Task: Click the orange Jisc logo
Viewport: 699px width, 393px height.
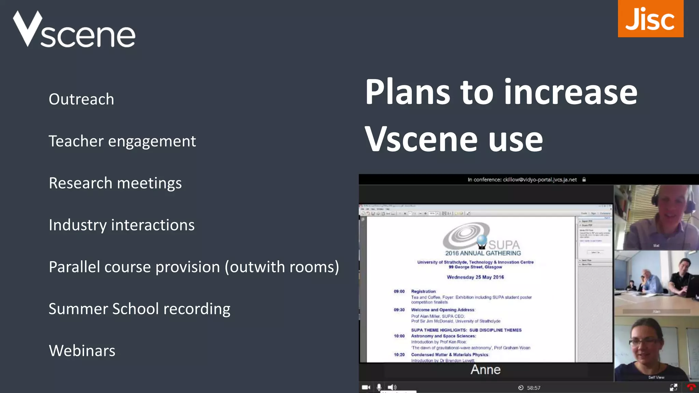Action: point(650,19)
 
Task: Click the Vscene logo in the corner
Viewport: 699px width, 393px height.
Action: point(74,30)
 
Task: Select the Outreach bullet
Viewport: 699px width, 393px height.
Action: point(81,99)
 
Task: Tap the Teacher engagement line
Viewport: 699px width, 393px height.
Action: point(122,141)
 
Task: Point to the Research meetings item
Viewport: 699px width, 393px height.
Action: point(115,183)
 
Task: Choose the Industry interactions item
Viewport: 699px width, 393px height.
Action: point(122,225)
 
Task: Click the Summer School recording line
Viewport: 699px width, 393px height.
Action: point(139,309)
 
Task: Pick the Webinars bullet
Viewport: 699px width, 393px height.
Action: point(82,351)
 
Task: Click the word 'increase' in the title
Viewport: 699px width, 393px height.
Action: point(570,92)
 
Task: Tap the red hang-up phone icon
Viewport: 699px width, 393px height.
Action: point(691,387)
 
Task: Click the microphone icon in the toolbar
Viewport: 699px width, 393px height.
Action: point(379,387)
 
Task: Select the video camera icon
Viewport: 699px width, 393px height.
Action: point(366,387)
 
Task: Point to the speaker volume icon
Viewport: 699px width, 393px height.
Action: point(392,387)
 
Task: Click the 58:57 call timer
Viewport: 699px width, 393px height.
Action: point(533,388)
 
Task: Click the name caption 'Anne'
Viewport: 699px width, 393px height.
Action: point(485,370)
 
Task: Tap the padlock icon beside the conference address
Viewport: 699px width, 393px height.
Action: point(584,179)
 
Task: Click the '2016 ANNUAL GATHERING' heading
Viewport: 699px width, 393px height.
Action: point(483,253)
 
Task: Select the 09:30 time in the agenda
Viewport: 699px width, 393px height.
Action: point(399,310)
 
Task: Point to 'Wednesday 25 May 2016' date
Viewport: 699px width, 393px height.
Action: point(475,277)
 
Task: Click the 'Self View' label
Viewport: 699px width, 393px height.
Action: point(656,377)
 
